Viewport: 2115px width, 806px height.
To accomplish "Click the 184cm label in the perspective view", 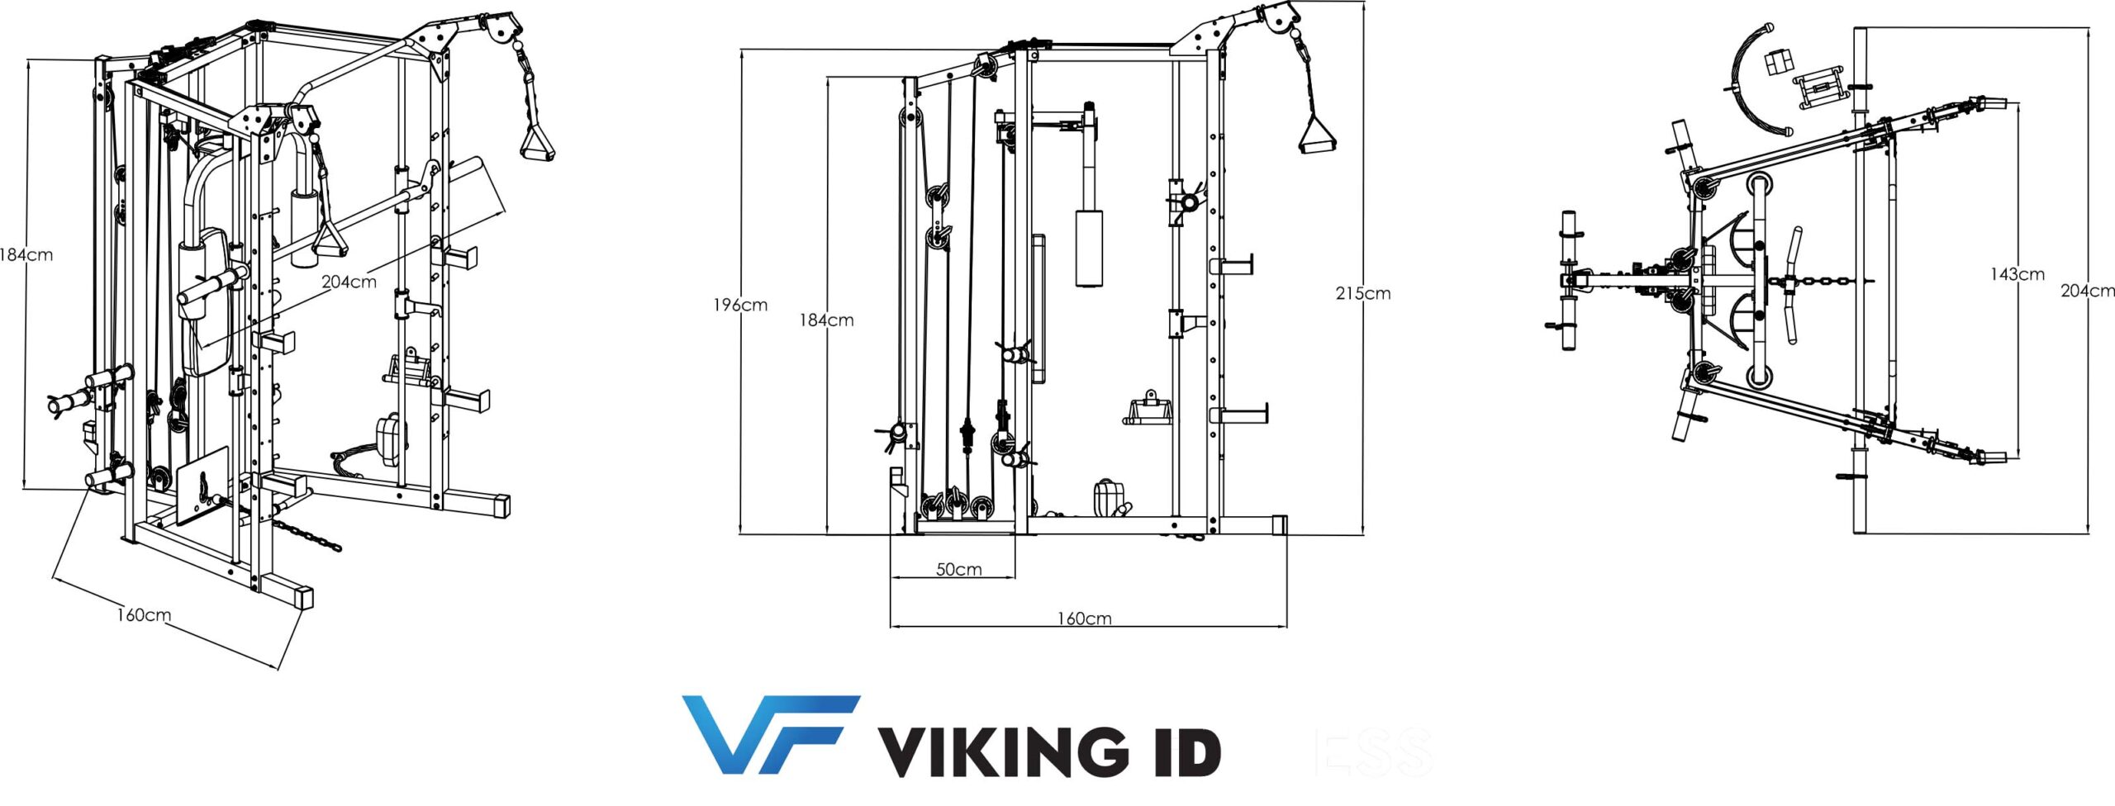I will point(26,255).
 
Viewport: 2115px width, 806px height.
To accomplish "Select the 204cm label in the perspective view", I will point(349,282).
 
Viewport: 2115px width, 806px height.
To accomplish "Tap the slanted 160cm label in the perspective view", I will point(144,615).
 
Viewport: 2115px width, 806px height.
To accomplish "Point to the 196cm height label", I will point(740,306).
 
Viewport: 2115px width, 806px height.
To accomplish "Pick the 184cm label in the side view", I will point(826,320).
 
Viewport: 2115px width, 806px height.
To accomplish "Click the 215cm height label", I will point(1362,293).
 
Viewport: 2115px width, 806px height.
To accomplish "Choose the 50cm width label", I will point(958,570).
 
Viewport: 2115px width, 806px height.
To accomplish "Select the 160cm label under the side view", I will point(1084,619).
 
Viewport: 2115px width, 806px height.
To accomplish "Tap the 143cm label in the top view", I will point(2017,274).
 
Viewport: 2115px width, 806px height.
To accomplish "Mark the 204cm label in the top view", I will point(2087,291).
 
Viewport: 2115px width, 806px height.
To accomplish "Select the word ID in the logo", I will point(1182,751).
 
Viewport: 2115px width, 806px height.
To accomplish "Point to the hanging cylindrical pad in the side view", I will point(1089,248).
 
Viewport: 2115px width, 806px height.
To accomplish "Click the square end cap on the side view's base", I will point(1280,524).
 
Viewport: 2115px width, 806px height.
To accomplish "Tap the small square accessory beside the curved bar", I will point(1780,63).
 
